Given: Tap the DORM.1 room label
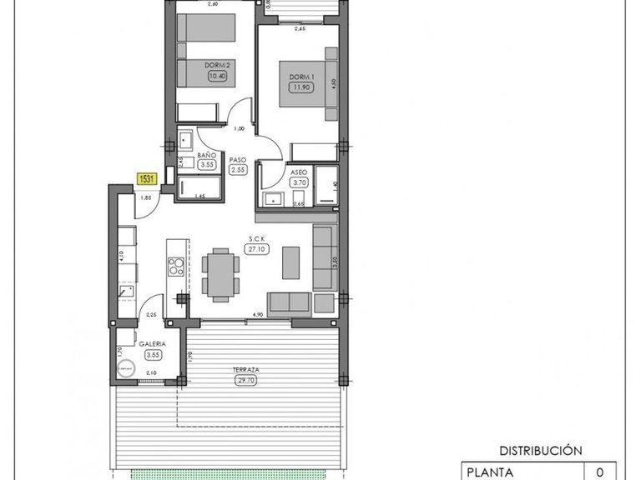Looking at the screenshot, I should click(300, 77).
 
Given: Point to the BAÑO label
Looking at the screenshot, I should click(208, 156).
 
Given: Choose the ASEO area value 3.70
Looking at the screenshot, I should click(300, 182).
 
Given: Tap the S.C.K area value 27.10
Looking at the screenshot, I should click(256, 247).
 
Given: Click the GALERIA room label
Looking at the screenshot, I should click(152, 343).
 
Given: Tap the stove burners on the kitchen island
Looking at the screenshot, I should click(176, 267).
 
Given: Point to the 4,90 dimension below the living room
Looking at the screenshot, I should click(259, 315).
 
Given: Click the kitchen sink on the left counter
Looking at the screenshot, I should click(126, 292).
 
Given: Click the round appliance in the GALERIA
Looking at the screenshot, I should click(127, 367).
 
